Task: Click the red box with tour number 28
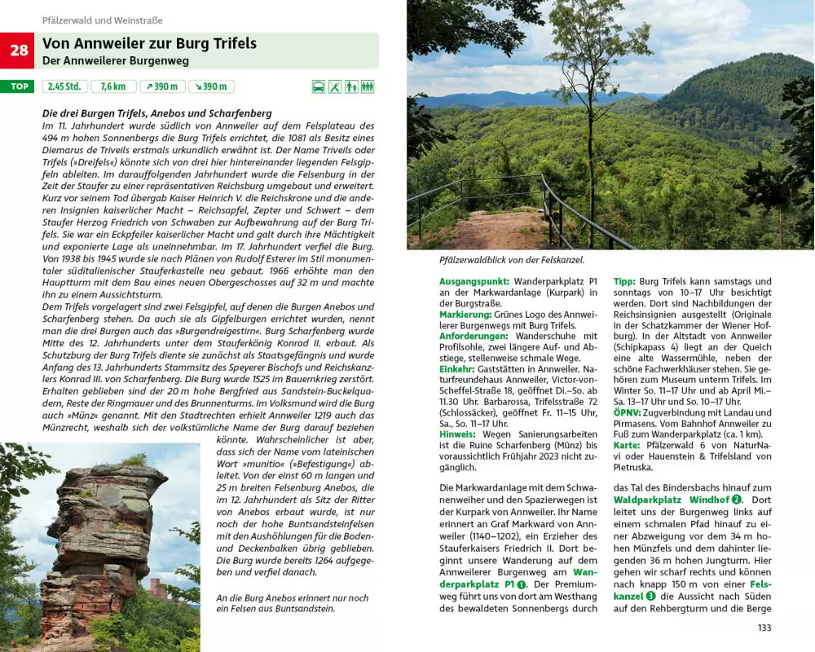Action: (x=18, y=51)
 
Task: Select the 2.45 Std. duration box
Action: (x=64, y=86)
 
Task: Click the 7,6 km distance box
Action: (x=113, y=86)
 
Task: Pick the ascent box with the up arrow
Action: (x=162, y=86)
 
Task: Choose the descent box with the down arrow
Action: (x=211, y=86)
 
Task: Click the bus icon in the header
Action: (x=319, y=86)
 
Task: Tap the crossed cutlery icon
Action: (x=335, y=86)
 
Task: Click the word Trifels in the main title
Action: (x=231, y=44)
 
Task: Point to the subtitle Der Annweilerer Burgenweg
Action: (x=115, y=61)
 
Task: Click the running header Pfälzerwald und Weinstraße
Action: (x=102, y=20)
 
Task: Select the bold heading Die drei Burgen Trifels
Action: (x=156, y=113)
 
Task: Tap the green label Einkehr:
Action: (x=458, y=368)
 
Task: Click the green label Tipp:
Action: (x=624, y=281)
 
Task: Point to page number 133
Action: (x=764, y=628)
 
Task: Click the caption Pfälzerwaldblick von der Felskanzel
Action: (x=511, y=259)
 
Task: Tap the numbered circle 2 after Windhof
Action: (x=737, y=499)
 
